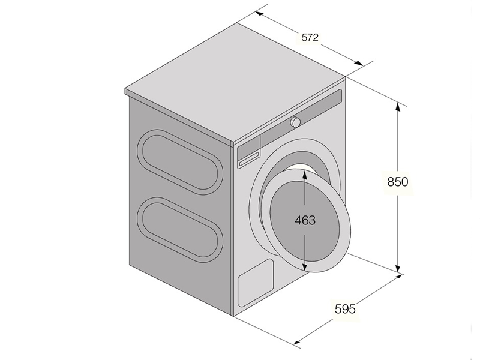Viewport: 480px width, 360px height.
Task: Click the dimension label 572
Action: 310,37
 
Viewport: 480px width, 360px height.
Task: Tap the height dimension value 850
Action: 397,182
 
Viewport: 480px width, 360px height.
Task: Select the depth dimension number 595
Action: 345,309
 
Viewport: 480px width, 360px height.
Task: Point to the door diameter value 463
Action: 305,220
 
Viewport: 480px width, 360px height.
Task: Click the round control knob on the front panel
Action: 296,122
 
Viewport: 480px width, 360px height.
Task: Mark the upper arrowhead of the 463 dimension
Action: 305,174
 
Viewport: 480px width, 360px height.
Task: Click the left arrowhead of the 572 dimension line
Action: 259,13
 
